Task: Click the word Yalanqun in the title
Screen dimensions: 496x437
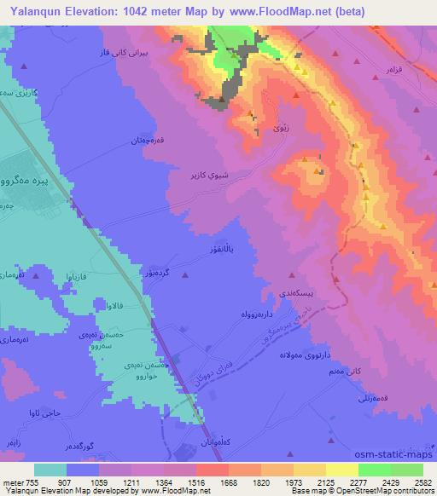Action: [x=33, y=12]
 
